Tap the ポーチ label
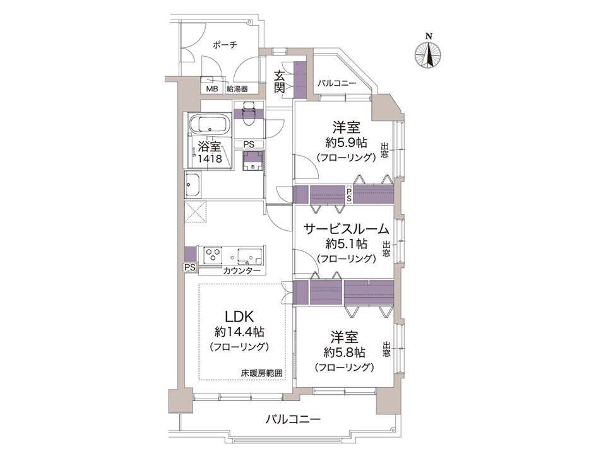pyautogui.click(x=225, y=45)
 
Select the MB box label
pyautogui.click(x=212, y=89)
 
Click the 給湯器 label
pyautogui.click(x=237, y=89)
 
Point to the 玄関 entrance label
pyautogui.click(x=280, y=81)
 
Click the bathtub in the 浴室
pyautogui.click(x=209, y=125)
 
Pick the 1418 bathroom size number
pyautogui.click(x=210, y=158)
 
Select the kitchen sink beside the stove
pyautogui.click(x=250, y=255)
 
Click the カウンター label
pyautogui.click(x=242, y=271)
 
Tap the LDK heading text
pyautogui.click(x=239, y=317)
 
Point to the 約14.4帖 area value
pyautogui.click(x=239, y=331)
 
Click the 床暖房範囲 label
pyautogui.click(x=261, y=373)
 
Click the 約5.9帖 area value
pyautogui.click(x=347, y=143)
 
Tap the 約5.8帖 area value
pyautogui.click(x=345, y=352)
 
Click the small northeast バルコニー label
pyautogui.click(x=337, y=83)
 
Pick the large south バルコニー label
pyautogui.click(x=293, y=419)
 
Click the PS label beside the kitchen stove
pyautogui.click(x=189, y=267)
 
